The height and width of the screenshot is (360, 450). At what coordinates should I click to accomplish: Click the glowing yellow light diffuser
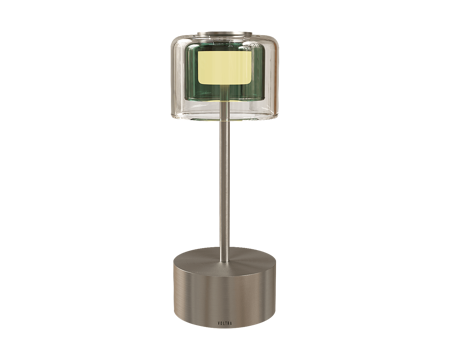pyautogui.click(x=223, y=68)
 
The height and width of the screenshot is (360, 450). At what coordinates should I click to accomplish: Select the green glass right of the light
pyautogui.click(x=262, y=70)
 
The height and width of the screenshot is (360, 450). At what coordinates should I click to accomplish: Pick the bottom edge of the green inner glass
pyautogui.click(x=223, y=102)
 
